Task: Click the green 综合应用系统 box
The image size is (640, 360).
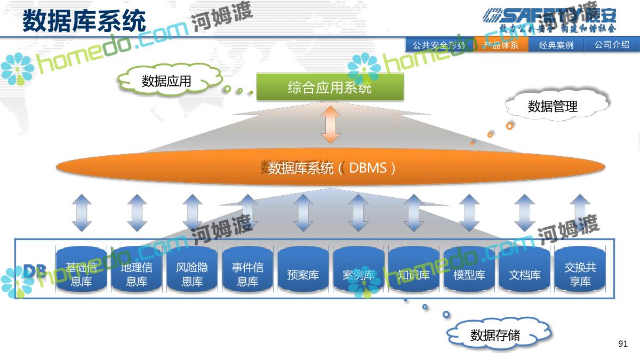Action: coord(330,87)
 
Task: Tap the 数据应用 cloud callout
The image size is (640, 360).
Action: coord(166,81)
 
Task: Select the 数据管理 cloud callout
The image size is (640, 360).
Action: coord(553,106)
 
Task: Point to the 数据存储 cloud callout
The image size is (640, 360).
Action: coord(495,335)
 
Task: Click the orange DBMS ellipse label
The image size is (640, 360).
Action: coord(332,168)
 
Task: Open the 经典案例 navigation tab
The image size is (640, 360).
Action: coord(556,45)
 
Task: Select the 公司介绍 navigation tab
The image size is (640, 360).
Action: coord(612,45)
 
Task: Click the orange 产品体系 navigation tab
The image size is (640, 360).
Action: coord(501,45)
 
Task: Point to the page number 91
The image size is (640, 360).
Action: coord(623,344)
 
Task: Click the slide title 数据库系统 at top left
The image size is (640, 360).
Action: coord(84,22)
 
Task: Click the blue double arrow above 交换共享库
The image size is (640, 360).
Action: coord(580,213)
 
